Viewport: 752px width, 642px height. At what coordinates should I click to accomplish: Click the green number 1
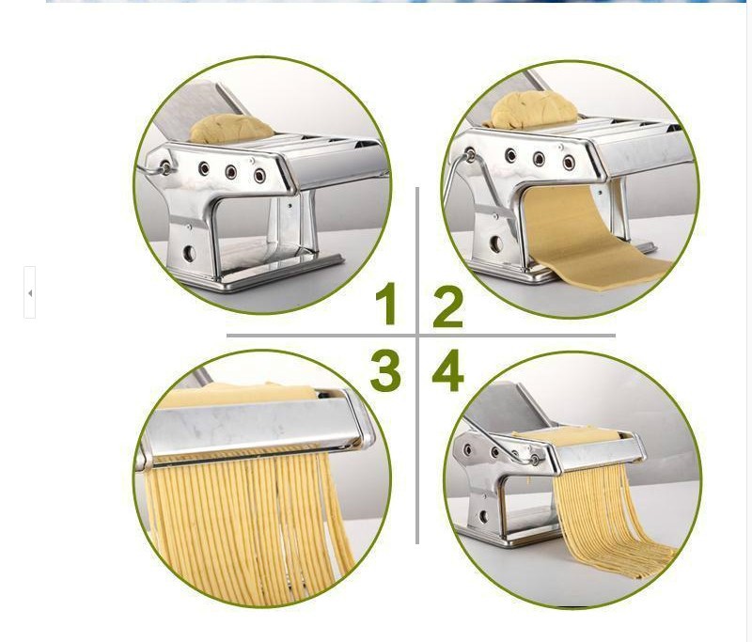coord(386,303)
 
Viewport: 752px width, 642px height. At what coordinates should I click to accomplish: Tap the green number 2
coord(448,306)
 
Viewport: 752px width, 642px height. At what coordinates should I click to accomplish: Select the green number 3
coord(385,370)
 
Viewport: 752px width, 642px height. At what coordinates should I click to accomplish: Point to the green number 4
coord(448,369)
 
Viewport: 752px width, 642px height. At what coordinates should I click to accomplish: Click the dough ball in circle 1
coord(231,129)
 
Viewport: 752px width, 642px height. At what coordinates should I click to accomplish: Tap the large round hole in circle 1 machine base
coord(190,253)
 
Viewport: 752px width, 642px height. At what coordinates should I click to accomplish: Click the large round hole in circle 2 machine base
coord(496,243)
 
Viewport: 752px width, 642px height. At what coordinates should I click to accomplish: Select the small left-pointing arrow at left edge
coord(30,293)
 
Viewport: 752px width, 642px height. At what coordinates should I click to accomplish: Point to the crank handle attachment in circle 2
coord(471,155)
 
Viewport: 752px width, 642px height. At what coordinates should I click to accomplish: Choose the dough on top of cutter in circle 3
coord(238,394)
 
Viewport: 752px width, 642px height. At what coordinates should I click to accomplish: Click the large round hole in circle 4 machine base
coord(483,516)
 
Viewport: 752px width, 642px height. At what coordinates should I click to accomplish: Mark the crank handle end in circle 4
coord(534,461)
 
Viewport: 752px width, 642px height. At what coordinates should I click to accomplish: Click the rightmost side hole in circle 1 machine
coord(260,175)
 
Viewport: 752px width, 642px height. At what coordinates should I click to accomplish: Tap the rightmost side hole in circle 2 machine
coord(569,162)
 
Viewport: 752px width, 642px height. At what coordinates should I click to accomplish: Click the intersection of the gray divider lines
coord(417,336)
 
